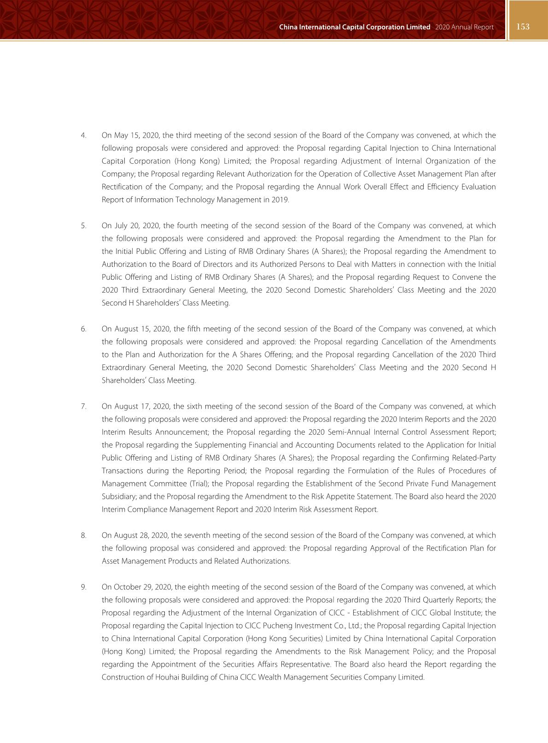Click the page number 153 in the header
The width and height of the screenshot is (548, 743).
coord(523,27)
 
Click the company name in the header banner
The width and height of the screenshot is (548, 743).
coord(355,27)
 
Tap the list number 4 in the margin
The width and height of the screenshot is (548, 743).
coord(83,136)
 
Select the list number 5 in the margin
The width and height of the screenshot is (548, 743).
coord(83,226)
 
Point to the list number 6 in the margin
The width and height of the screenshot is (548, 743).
coord(83,329)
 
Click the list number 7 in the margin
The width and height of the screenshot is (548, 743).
coord(83,406)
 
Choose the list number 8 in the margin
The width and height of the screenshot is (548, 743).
coord(83,536)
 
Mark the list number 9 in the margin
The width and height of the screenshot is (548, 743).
coord(83,587)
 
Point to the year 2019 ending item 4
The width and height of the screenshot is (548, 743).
coord(281,200)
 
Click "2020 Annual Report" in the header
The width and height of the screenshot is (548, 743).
coord(464,27)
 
